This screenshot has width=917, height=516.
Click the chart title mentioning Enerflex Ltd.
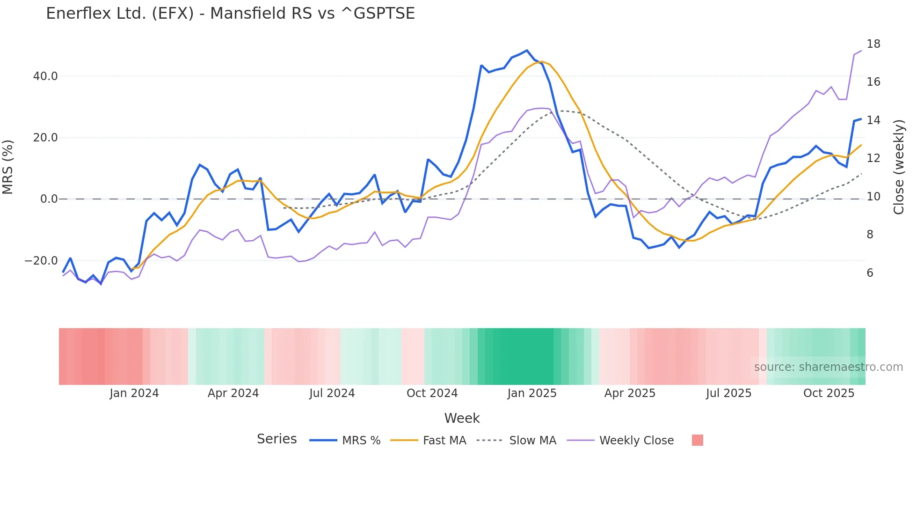(230, 14)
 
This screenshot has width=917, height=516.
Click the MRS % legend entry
(361, 441)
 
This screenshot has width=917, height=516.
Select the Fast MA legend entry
(444, 441)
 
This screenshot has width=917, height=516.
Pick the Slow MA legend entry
(532, 441)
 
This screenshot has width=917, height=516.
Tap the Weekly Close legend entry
(636, 441)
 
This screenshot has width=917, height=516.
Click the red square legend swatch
(697, 440)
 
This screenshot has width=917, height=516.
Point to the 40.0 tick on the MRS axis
(45, 76)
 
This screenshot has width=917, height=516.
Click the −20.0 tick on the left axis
(41, 261)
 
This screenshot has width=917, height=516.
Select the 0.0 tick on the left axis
(49, 199)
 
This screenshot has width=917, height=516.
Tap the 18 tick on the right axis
(873, 44)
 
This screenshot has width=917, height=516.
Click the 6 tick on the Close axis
(870, 273)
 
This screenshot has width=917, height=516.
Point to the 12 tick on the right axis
(873, 158)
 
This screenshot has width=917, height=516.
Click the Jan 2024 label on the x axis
(134, 393)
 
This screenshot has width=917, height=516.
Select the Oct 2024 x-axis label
(432, 393)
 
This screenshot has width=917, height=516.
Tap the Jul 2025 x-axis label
(728, 393)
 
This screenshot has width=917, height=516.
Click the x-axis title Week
(462, 418)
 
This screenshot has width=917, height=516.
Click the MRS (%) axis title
(8, 167)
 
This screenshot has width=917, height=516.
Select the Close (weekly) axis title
(898, 167)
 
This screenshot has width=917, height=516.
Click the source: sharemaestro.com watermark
(828, 367)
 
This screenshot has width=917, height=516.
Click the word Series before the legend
(277, 439)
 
